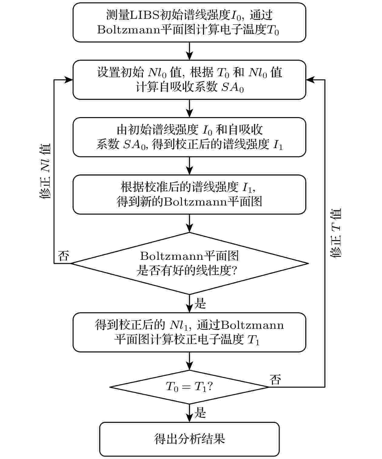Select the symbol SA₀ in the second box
tap(233, 87)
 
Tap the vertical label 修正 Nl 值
tap(45, 171)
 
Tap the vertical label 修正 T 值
tap(336, 233)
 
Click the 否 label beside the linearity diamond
tap(64, 256)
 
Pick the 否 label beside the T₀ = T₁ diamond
tap(275, 380)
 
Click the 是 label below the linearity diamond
tap(200, 303)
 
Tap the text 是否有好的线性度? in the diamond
tap(187, 270)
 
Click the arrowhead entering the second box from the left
tap(69, 80)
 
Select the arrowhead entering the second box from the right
tap(310, 80)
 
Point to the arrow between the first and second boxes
tap(189, 51)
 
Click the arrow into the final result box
tap(189, 413)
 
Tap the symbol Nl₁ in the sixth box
tap(179, 325)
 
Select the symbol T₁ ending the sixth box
tap(253, 340)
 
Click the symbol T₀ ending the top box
tap(273, 30)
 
